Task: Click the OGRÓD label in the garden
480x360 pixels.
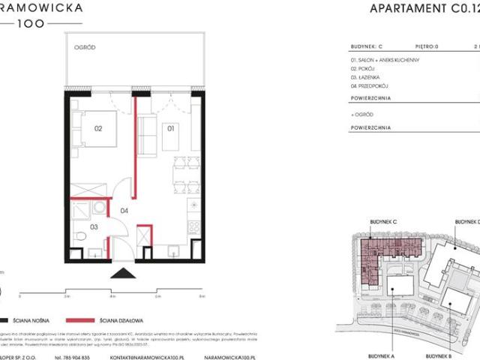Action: click(x=83, y=47)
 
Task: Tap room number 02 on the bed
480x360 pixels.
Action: click(x=97, y=128)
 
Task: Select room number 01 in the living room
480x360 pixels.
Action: click(x=170, y=128)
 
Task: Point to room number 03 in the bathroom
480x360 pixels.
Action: click(x=94, y=225)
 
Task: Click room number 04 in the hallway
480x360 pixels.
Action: click(x=124, y=211)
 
